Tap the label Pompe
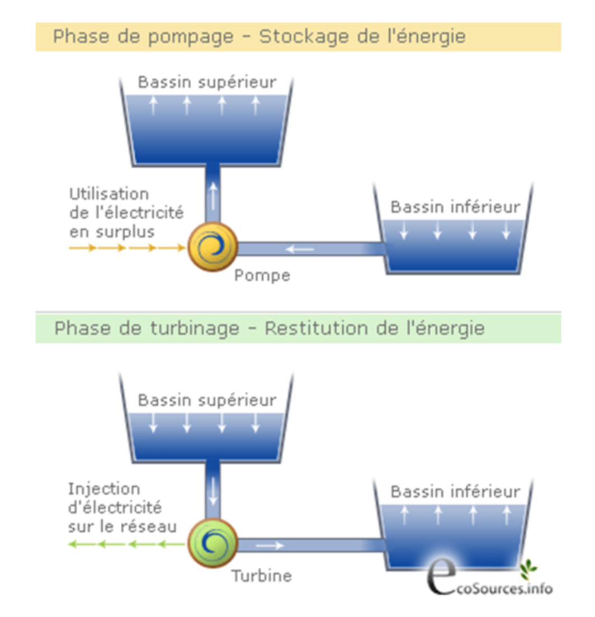point(262,276)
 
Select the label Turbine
point(262,575)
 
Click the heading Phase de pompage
point(143,37)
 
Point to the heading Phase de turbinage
point(147,329)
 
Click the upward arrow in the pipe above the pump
point(212,196)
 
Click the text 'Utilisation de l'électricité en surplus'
point(126,213)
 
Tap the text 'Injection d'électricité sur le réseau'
point(122,507)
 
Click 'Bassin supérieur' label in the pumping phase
point(207,83)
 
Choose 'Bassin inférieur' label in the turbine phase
point(455,492)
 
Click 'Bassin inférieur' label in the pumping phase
point(455,207)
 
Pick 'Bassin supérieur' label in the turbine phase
point(207,400)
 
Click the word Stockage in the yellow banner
point(302,37)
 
